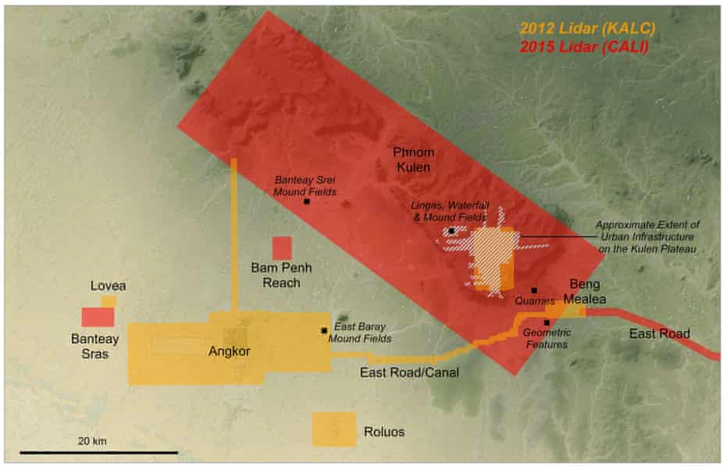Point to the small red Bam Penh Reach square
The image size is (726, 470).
click(281, 247)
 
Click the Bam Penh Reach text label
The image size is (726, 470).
click(281, 275)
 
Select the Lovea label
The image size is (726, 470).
click(108, 286)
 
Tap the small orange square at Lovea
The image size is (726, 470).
click(109, 301)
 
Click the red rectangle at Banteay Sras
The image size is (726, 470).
click(98, 316)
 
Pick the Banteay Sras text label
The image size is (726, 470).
click(92, 346)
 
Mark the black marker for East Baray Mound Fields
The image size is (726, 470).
click(323, 330)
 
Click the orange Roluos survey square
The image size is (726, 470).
click(334, 429)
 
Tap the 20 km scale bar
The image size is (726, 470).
click(98, 451)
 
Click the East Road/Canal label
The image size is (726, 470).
click(408, 373)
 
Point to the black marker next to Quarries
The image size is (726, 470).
click(534, 290)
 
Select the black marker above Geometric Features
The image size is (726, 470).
click(547, 322)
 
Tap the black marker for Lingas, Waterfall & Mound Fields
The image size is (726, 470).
click(451, 231)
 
